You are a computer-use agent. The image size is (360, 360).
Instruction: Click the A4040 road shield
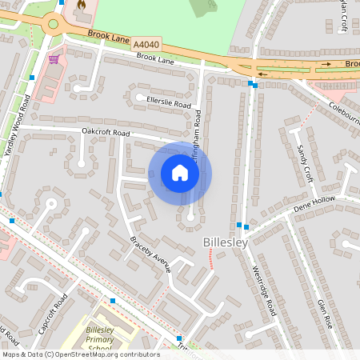(x=146, y=43)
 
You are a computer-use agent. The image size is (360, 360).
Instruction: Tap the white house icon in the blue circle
(x=180, y=172)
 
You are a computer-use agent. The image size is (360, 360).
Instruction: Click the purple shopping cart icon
(x=54, y=58)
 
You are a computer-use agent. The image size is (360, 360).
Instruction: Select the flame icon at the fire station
(x=80, y=6)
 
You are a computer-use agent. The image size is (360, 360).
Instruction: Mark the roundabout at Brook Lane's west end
(x=54, y=23)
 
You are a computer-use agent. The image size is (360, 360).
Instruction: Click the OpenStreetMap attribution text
(x=81, y=354)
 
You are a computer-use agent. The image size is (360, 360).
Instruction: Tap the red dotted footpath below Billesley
(x=210, y=258)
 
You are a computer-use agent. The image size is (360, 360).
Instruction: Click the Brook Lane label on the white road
(x=155, y=58)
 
